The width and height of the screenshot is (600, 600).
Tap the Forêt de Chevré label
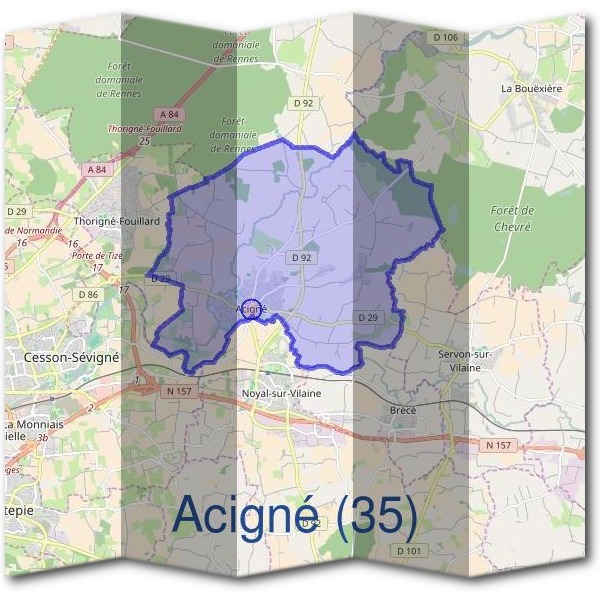pyautogui.click(x=514, y=218)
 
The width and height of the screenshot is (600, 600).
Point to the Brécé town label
pyautogui.click(x=401, y=410)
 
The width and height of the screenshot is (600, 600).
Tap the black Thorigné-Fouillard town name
pyautogui.click(x=117, y=221)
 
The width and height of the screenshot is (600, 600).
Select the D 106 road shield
pyautogui.click(x=445, y=38)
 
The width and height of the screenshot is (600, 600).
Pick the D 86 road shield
pyautogui.click(x=88, y=294)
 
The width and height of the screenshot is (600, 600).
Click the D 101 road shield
pyautogui.click(x=408, y=550)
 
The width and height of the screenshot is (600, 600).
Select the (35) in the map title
pyautogui.click(x=376, y=513)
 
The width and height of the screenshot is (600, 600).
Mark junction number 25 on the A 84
pyautogui.click(x=144, y=142)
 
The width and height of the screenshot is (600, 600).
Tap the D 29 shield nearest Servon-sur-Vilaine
pyautogui.click(x=369, y=318)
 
